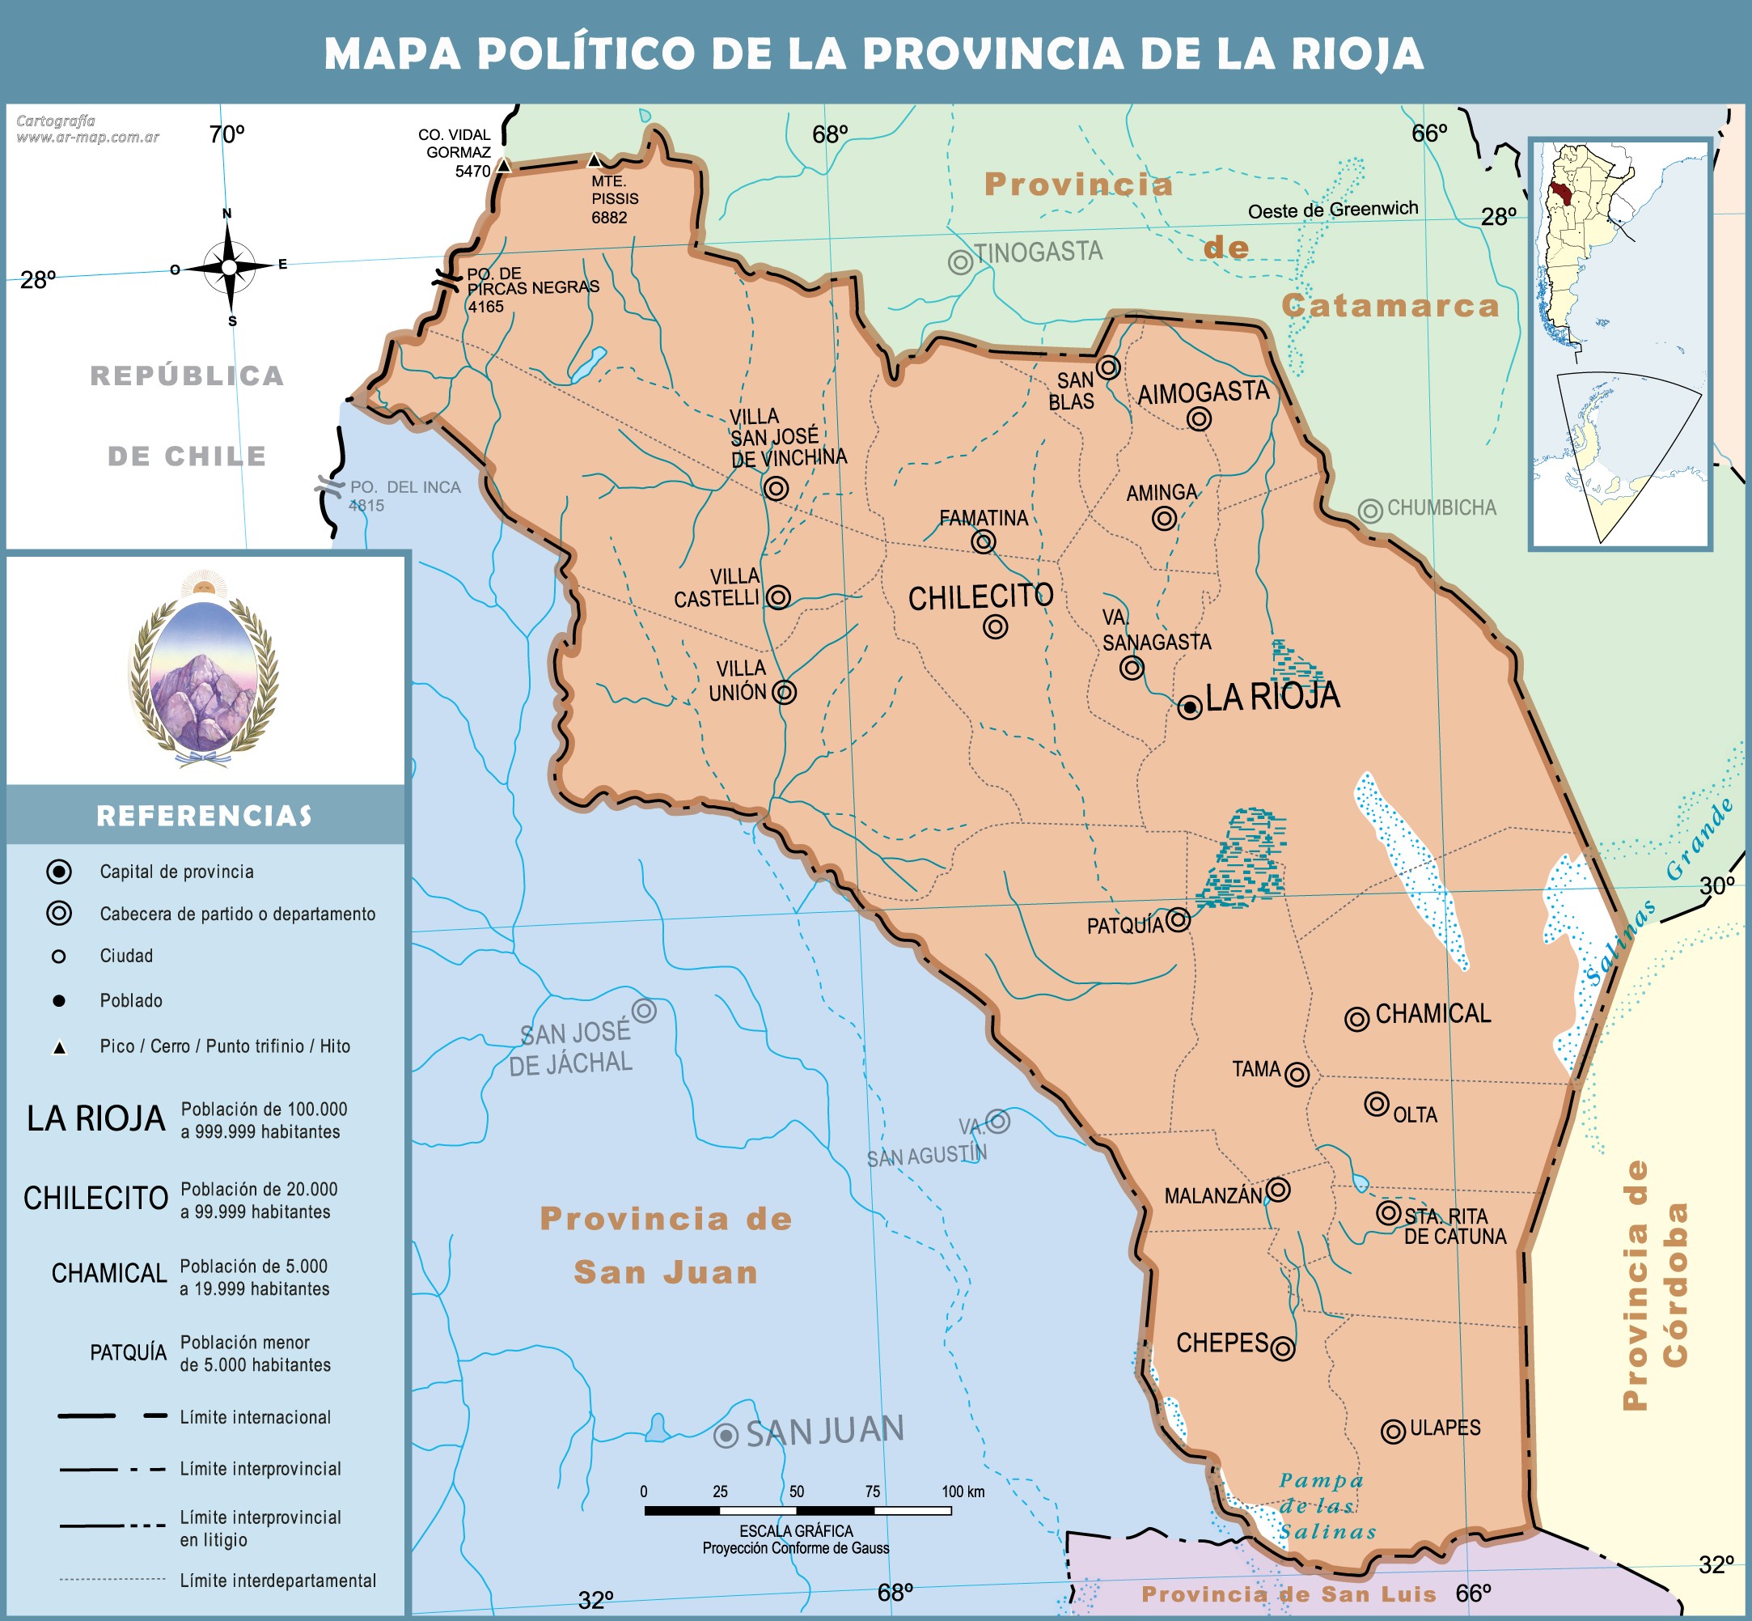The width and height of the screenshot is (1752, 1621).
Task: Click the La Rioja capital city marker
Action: tap(1189, 707)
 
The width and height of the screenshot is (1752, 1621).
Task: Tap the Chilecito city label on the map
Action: tap(980, 597)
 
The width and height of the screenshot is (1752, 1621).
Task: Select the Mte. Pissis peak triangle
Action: tap(595, 160)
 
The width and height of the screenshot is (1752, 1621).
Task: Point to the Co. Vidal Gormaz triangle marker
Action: tap(503, 165)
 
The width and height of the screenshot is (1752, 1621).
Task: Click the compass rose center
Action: tap(229, 266)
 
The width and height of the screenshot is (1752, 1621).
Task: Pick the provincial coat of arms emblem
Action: tap(205, 671)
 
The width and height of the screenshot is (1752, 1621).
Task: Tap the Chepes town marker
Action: tap(1282, 1348)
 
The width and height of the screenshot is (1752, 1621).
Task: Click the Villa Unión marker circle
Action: tap(784, 692)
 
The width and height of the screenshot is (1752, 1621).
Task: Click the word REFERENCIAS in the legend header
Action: tap(205, 816)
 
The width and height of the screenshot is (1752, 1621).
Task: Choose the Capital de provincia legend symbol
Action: tap(59, 871)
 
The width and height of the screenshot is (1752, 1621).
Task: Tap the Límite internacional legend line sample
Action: tap(112, 1415)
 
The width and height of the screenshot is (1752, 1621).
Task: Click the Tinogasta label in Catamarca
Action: tap(1039, 252)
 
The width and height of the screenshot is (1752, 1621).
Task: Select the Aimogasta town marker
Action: tap(1199, 418)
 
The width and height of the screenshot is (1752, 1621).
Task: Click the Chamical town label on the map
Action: tap(1432, 1014)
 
